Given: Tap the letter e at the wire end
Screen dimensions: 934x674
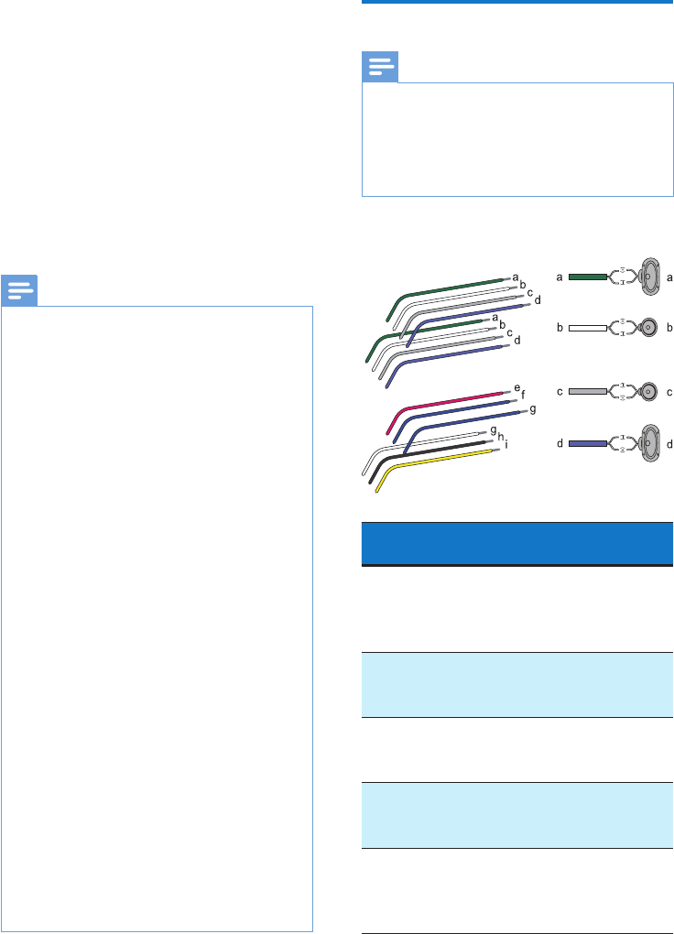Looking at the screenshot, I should [x=516, y=389].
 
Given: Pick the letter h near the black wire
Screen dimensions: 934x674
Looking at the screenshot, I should [x=501, y=437].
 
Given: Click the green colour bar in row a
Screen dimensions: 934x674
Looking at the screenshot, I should [x=587, y=275].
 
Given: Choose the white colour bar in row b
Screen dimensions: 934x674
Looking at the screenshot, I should [x=587, y=327].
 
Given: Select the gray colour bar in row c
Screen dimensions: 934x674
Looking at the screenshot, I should [x=587, y=391].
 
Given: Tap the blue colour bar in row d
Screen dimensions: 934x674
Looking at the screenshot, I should [x=587, y=443].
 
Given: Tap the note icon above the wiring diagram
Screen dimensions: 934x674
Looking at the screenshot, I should [x=380, y=68].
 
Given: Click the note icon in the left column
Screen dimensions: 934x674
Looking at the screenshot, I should [x=18, y=291].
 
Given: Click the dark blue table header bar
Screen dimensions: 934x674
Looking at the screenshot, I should [x=514, y=544].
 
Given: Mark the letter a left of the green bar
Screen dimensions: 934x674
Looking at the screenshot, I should [x=560, y=275].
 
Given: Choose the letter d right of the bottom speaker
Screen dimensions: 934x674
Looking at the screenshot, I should [x=669, y=444].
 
